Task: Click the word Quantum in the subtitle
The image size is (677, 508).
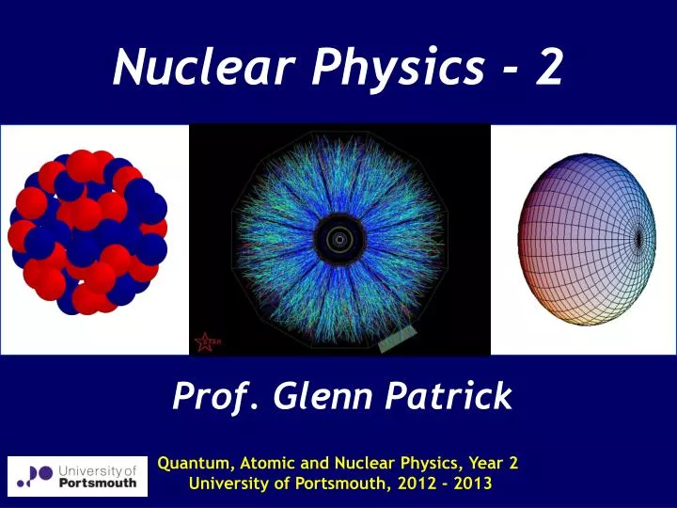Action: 195,463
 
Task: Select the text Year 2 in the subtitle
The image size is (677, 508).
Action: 488,463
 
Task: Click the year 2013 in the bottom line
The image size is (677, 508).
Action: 460,485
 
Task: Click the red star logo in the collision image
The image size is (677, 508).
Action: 204,342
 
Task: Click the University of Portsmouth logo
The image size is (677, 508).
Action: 77,475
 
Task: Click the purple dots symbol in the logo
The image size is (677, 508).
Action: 38,475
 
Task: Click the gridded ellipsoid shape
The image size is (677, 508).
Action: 584,239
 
